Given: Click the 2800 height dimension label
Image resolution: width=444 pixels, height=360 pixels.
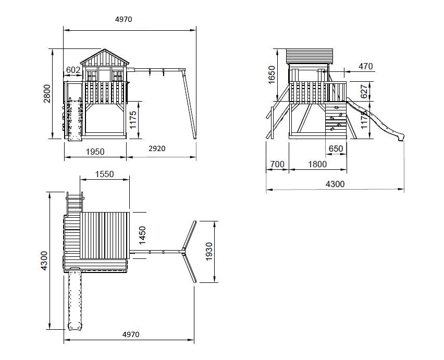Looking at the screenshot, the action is (x=47, y=94).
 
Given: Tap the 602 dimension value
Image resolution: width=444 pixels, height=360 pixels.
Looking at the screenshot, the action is (x=73, y=70).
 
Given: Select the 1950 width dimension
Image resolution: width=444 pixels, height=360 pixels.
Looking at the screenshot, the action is (x=95, y=152).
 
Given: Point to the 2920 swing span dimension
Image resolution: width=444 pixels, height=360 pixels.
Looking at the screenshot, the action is (x=157, y=148).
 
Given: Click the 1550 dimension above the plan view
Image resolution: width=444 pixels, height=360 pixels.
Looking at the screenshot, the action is (x=105, y=174).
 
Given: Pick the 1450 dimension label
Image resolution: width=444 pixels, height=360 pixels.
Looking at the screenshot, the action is (x=142, y=235).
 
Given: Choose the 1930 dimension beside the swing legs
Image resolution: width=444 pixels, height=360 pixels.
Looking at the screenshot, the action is (x=209, y=251).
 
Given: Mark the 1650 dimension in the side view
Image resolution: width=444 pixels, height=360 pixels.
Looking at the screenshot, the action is (x=272, y=75).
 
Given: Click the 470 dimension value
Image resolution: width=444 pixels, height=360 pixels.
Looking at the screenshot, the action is (x=365, y=67).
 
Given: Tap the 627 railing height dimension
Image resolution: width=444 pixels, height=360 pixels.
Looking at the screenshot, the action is (x=364, y=91).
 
